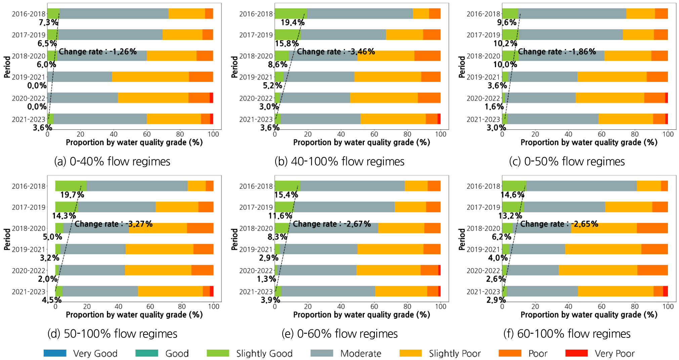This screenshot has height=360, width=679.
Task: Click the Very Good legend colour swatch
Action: (55, 353)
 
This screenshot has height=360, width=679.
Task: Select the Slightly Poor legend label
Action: (455, 353)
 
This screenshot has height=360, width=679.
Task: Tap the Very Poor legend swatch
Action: (577, 353)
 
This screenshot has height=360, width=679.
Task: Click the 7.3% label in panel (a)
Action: (48, 22)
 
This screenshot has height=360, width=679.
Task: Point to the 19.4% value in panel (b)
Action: (293, 22)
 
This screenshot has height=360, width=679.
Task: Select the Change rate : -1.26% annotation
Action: (97, 52)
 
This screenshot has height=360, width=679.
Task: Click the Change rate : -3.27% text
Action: (114, 224)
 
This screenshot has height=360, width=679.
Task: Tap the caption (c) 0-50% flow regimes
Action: (567, 162)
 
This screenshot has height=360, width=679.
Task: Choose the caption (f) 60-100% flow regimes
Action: (567, 334)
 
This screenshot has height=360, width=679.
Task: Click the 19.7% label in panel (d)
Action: (72, 195)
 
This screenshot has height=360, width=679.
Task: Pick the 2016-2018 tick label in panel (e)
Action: (256, 186)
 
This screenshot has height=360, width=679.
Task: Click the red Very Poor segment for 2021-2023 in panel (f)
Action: (665, 291)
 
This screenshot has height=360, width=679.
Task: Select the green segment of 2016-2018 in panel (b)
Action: (291, 13)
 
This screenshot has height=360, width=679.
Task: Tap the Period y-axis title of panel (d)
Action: (7, 239)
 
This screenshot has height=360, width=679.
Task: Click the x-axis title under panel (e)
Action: (362, 315)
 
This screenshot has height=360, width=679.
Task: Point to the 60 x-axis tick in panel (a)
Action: (147, 134)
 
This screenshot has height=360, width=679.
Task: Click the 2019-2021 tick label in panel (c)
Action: (483, 77)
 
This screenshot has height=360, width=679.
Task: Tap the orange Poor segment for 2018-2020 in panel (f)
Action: (652, 228)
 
